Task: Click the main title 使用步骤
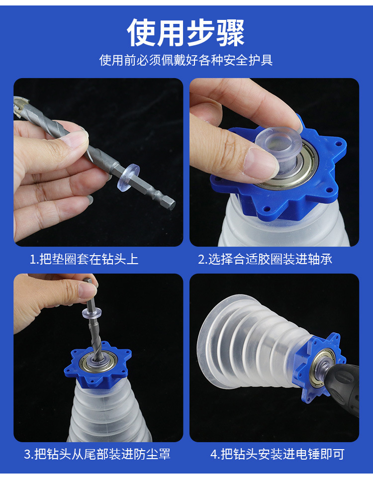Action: coord(186,33)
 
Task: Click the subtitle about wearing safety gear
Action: coord(186,60)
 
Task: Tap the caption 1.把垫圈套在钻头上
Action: coord(84,259)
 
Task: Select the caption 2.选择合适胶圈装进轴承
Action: coord(265,259)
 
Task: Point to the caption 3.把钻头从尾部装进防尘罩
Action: coord(97,454)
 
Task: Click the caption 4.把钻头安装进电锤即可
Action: coord(277,454)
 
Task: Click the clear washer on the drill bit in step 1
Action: coord(128,176)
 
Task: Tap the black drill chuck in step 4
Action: coord(342,388)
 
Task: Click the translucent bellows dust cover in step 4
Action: coord(251,342)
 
